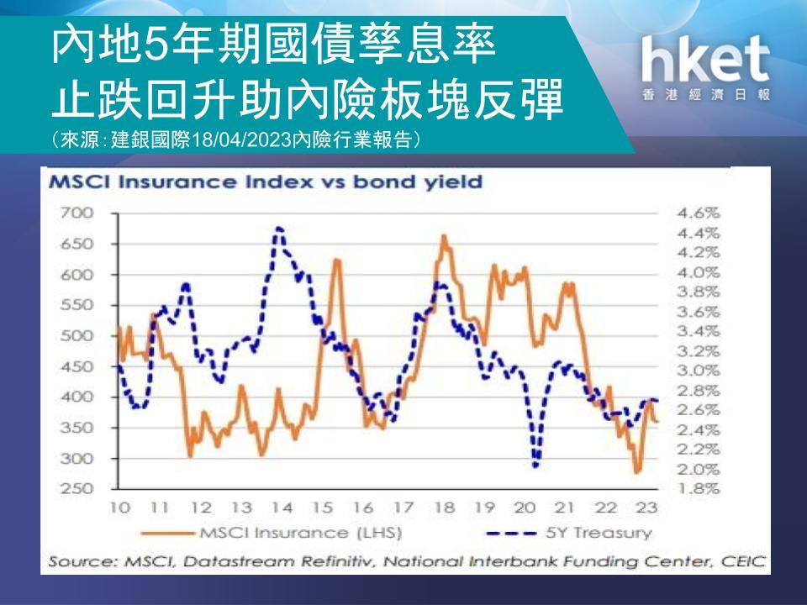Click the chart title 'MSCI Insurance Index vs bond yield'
[266, 182]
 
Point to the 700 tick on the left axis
[77, 213]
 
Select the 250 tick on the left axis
[77, 488]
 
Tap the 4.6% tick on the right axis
[698, 213]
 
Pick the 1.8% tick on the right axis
[698, 488]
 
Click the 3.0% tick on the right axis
[698, 371]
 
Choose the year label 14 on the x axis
[282, 508]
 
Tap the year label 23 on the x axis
[647, 508]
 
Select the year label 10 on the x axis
[119, 508]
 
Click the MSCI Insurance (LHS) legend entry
[272, 533]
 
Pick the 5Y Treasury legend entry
[569, 533]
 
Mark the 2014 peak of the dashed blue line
[278, 228]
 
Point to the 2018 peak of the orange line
[444, 236]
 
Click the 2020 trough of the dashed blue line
[535, 466]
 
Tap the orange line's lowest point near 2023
[638, 471]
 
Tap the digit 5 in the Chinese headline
[153, 45]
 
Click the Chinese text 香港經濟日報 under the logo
[706, 95]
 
